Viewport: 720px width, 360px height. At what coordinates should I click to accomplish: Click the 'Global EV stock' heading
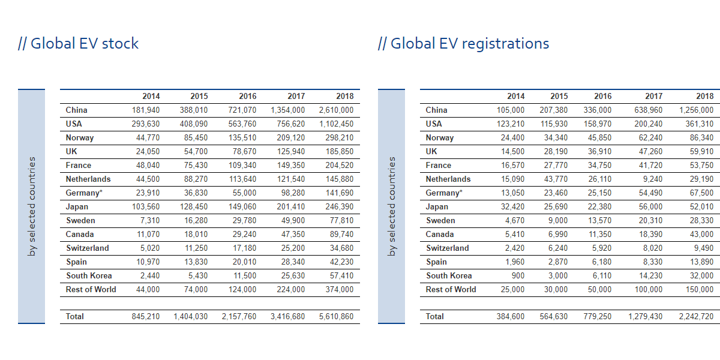click(79, 44)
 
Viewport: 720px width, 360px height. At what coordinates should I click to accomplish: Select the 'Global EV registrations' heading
click(464, 44)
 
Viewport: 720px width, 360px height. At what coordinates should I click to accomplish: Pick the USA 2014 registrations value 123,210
click(510, 124)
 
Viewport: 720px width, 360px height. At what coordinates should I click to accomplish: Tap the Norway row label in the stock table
click(80, 138)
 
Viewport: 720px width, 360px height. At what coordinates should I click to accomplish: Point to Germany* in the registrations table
click(444, 193)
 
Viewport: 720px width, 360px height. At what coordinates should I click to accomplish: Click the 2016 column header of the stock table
click(247, 96)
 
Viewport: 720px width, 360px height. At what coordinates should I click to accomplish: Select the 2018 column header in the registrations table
click(704, 96)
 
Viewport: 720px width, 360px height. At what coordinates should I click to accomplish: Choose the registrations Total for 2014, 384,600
click(510, 317)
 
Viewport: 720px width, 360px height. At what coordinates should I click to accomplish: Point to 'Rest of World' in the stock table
click(91, 290)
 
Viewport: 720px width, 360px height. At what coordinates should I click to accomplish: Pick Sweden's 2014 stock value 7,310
click(149, 221)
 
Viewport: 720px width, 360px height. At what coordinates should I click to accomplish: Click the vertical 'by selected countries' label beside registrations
click(392, 206)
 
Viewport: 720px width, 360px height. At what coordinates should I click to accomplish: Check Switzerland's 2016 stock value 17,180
click(244, 248)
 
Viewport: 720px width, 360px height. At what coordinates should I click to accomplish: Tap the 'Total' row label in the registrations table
click(435, 317)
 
